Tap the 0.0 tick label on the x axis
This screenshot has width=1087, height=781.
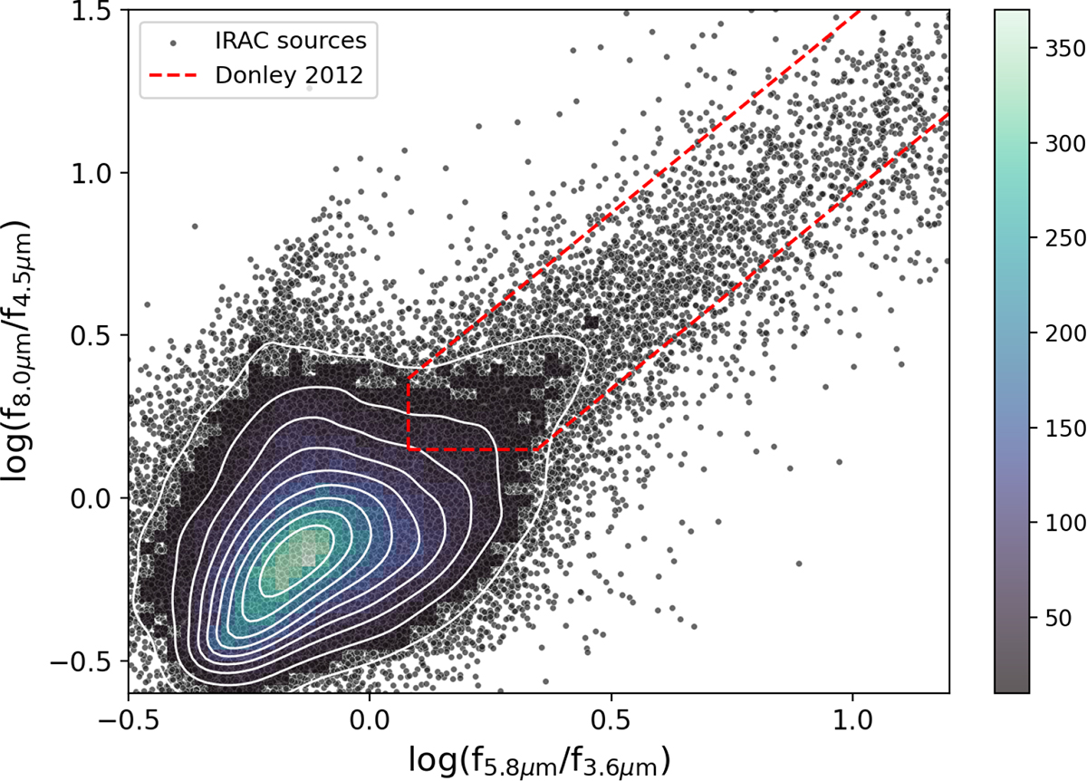coord(370,725)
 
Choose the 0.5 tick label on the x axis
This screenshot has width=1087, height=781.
coord(611,725)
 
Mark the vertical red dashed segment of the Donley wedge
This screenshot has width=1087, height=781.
coord(409,412)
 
